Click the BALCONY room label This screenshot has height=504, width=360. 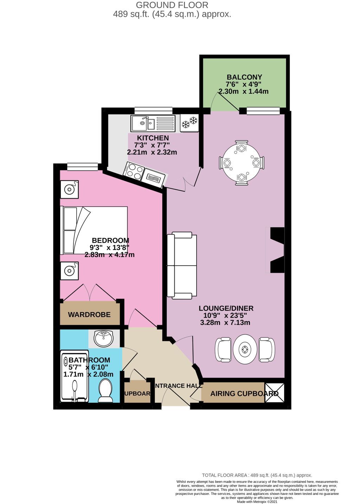click(x=244, y=77)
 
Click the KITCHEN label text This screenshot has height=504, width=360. click(x=153, y=138)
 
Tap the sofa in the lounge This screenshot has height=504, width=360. click(x=182, y=265)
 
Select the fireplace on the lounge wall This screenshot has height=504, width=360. click(x=276, y=250)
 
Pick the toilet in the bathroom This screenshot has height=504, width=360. click(x=105, y=392)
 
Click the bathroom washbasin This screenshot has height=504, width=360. click(x=104, y=338)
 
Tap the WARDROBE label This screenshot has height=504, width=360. click(x=89, y=315)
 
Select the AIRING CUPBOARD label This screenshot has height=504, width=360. click(x=244, y=394)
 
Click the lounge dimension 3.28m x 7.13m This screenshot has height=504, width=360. click(x=225, y=322)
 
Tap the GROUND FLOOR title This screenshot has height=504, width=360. click(x=172, y=5)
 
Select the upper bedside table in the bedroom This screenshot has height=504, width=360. click(x=69, y=189)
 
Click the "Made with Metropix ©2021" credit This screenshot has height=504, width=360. click(x=257, y=502)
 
